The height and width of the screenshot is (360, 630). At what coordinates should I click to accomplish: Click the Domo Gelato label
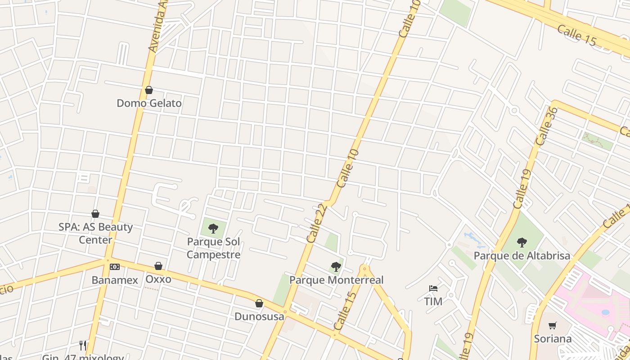(x=149, y=103)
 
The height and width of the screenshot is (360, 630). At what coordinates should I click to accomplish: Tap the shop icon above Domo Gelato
(x=149, y=90)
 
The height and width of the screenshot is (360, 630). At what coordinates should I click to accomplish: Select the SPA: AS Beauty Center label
(x=95, y=233)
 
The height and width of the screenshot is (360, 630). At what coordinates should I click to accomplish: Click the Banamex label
(x=115, y=280)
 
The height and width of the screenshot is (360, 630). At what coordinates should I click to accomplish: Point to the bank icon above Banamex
(x=115, y=267)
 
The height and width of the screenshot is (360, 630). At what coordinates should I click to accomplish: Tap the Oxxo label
(x=158, y=279)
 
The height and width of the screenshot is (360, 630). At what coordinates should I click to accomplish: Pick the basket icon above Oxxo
(x=158, y=266)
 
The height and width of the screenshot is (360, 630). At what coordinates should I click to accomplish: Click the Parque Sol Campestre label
(x=214, y=248)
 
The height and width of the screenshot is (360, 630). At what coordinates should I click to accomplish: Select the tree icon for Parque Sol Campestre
(x=213, y=229)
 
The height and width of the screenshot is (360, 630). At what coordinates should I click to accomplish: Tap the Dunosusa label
(x=259, y=316)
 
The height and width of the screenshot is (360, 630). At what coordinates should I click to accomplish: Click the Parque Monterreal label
(x=336, y=280)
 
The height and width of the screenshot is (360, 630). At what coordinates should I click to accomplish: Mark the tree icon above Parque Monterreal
(x=336, y=267)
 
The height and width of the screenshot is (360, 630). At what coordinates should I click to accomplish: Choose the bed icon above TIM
(x=433, y=288)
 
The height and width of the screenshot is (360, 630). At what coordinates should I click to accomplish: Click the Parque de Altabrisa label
(x=522, y=256)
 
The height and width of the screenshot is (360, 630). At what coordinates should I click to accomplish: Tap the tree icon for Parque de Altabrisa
(x=522, y=243)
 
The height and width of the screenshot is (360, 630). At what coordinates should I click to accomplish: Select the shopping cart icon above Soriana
(x=553, y=325)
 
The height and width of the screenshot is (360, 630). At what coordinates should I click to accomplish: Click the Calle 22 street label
(x=316, y=223)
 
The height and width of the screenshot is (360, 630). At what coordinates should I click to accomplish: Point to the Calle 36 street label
(x=547, y=126)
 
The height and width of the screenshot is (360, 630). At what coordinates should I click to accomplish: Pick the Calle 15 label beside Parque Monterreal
(x=346, y=310)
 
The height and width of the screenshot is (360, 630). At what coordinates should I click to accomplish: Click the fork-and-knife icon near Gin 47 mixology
(x=83, y=345)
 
